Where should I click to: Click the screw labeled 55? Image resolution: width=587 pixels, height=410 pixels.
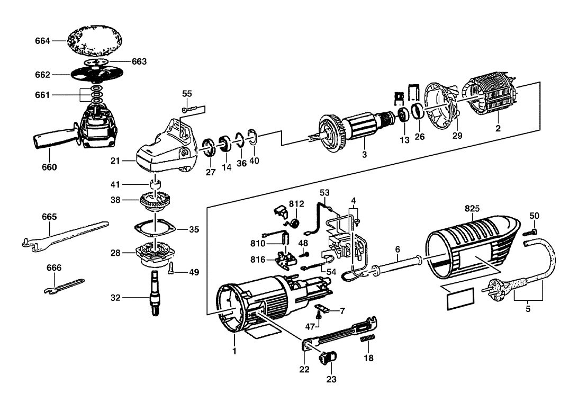tap(191, 109)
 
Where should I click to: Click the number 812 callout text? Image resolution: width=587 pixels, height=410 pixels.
tap(297, 204)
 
